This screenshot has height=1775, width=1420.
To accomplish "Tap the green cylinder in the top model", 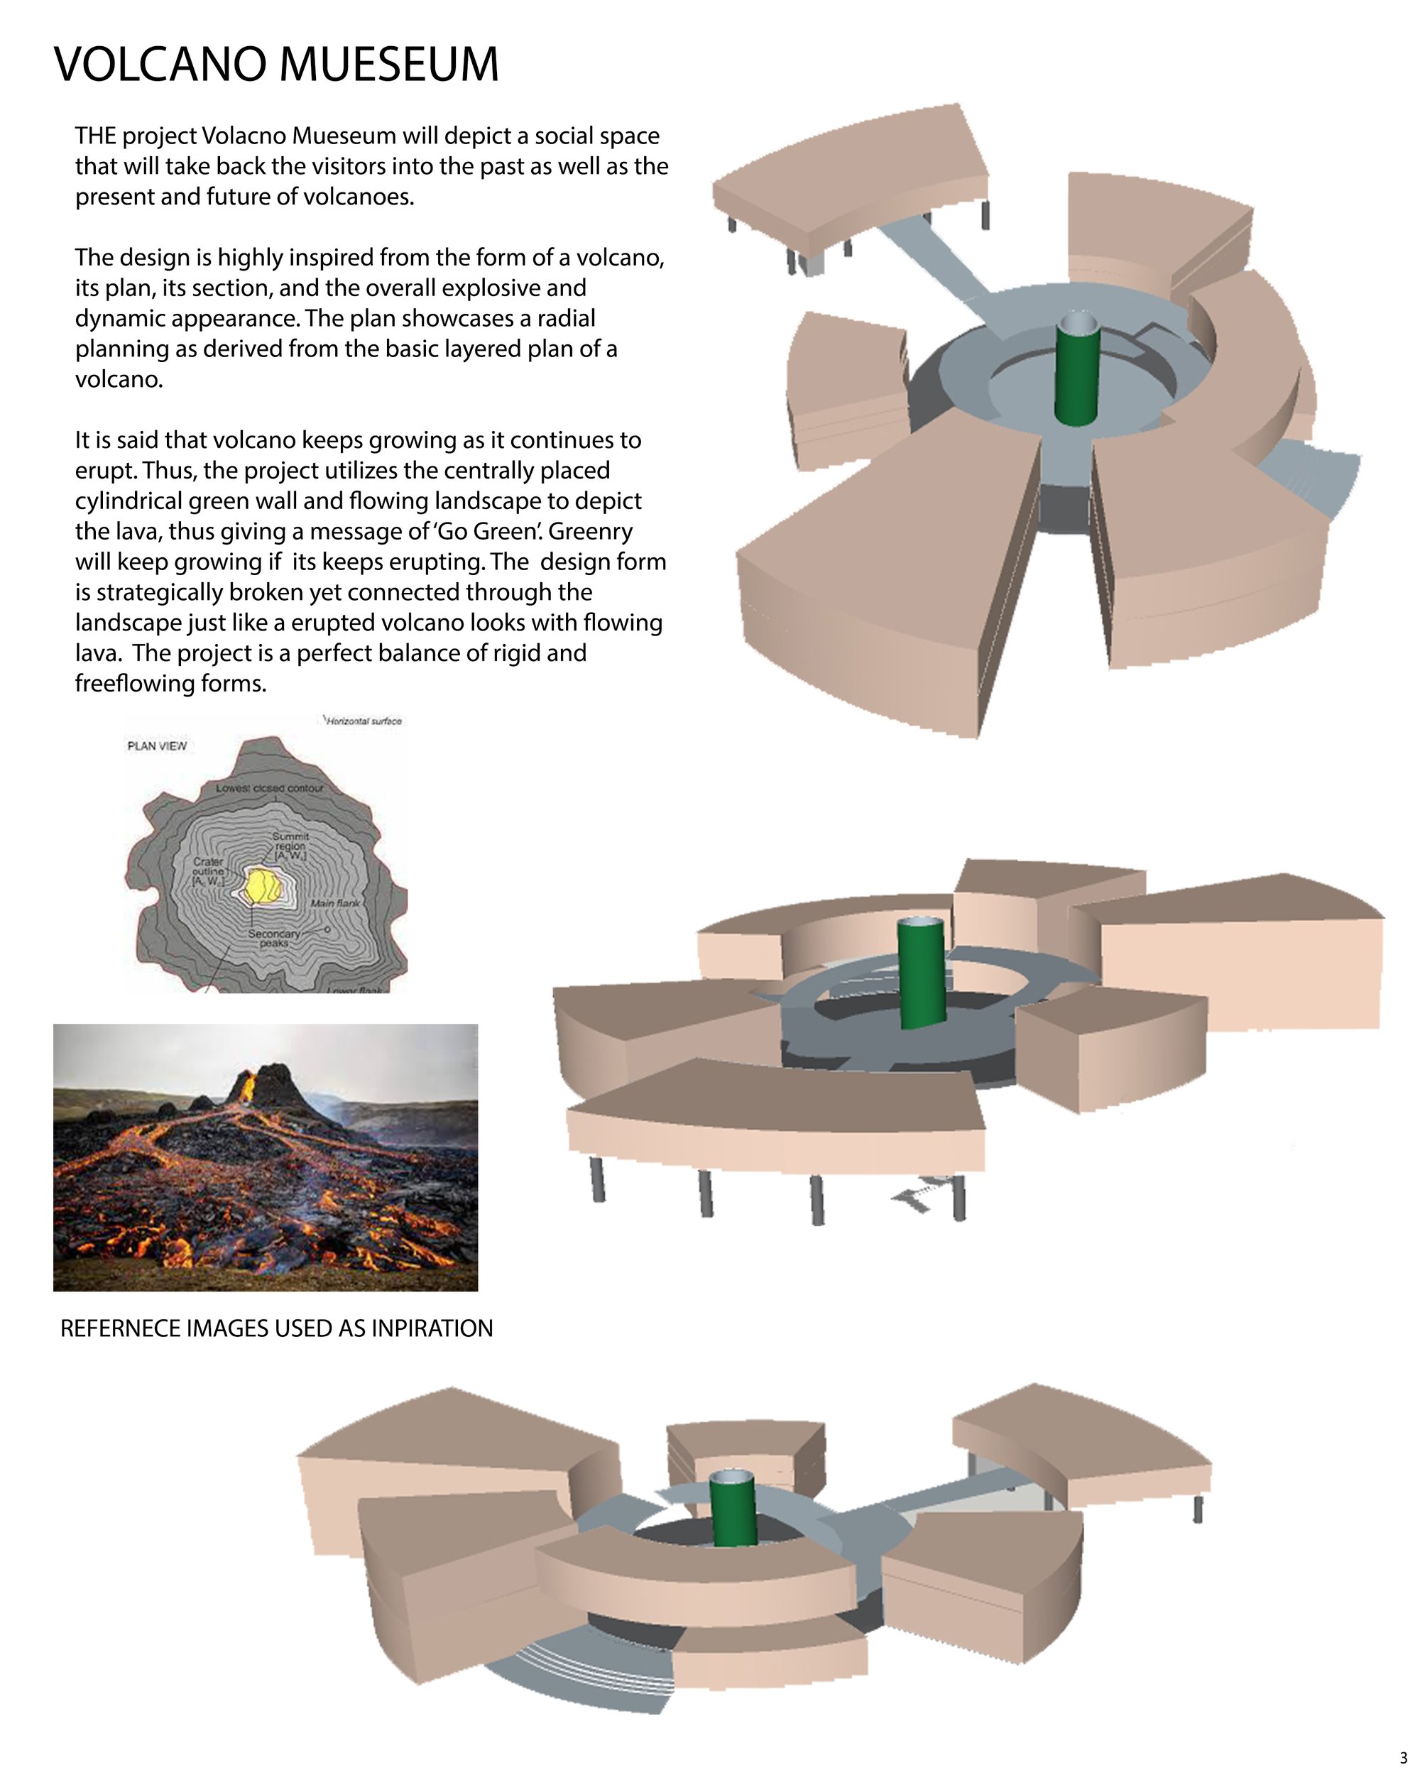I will [x=1077, y=370].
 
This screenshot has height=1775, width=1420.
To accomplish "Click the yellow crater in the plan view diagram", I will [x=265, y=886].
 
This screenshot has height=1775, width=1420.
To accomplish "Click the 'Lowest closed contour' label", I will [x=270, y=788].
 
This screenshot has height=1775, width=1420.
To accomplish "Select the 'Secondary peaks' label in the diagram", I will [x=274, y=939].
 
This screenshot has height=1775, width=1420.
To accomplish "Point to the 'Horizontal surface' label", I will [x=364, y=721].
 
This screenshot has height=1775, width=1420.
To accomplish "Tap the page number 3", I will [x=1404, y=1753].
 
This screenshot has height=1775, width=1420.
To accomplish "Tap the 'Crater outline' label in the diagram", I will [x=207, y=871].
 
